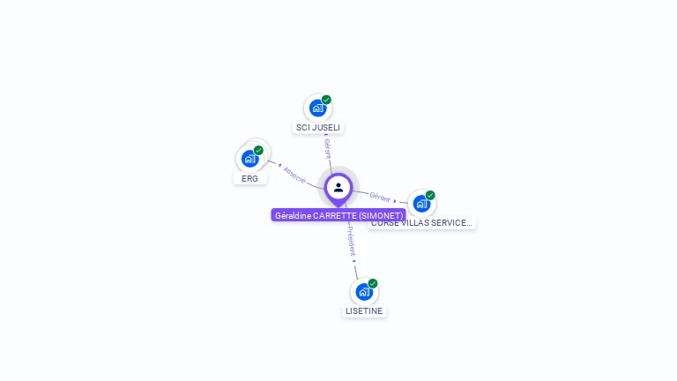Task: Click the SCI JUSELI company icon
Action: coord(317,108)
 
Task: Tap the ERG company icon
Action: coord(250,159)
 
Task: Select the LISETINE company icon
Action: coord(364,292)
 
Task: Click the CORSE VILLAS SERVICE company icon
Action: coord(421,204)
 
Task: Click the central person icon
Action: coord(338,187)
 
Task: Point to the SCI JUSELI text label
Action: coord(318,128)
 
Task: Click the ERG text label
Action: coord(250,178)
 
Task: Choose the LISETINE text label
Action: coord(364,311)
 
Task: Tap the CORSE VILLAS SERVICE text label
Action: coord(422,223)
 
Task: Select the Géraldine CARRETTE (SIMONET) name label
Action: coord(338,215)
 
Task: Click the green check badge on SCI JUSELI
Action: coord(326,100)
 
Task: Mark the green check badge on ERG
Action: coord(258,150)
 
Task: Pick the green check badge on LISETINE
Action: coord(373,283)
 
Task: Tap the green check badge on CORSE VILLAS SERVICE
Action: coord(430,195)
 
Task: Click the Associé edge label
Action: coord(294,174)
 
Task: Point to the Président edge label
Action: coord(351,239)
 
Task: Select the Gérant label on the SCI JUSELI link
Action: coord(327,148)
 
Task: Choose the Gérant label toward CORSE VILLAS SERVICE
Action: coord(380,198)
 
